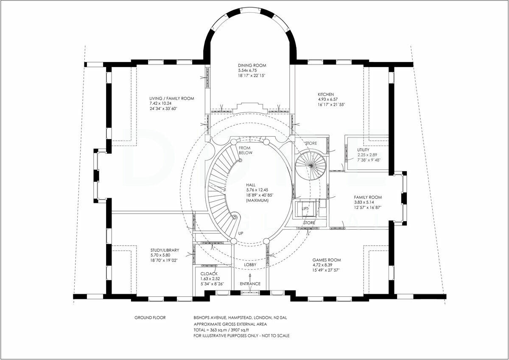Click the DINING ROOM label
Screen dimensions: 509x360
pyautogui.click(x=252, y=65)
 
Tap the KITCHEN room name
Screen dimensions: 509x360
pyautogui.click(x=326, y=94)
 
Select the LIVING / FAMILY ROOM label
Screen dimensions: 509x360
pyautogui.click(x=171, y=98)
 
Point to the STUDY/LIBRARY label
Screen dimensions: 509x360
pyautogui.click(x=165, y=250)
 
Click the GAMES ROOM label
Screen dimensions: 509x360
pyautogui.click(x=327, y=260)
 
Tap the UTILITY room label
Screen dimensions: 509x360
pyautogui.click(x=363, y=150)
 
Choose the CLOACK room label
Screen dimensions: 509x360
pyautogui.click(x=209, y=274)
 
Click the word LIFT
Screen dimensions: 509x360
pyautogui.click(x=305, y=208)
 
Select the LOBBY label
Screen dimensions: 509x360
pyautogui.click(x=250, y=265)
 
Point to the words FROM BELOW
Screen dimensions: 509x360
pyautogui.click(x=246, y=150)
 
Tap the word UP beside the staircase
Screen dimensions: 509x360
pyautogui.click(x=241, y=233)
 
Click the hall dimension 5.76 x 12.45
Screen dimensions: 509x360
pyautogui.click(x=257, y=190)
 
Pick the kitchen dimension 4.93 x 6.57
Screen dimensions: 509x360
pyautogui.click(x=328, y=99)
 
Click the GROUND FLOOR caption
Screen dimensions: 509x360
pyautogui.click(x=150, y=318)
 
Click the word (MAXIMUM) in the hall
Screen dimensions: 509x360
pyautogui.click(x=257, y=200)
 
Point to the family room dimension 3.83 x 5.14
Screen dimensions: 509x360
pyautogui.click(x=364, y=202)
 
